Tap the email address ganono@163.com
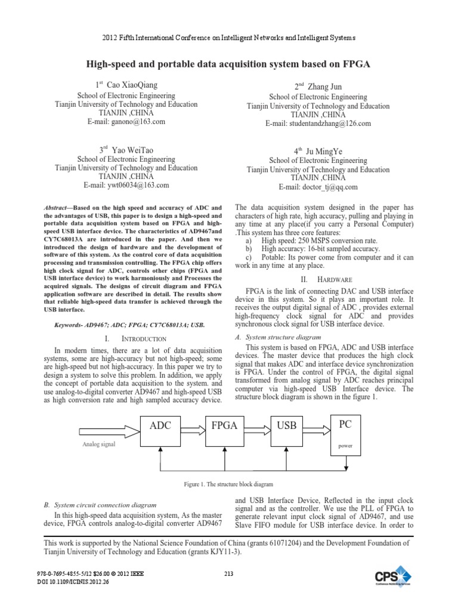127,121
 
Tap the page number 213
228,574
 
